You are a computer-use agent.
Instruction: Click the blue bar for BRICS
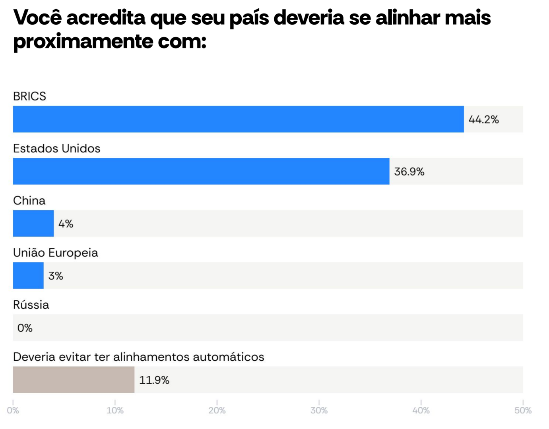(x=238, y=119)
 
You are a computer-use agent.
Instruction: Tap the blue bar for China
(x=33, y=223)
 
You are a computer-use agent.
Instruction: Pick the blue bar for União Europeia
(x=28, y=275)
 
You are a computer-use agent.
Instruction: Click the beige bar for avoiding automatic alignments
(x=74, y=380)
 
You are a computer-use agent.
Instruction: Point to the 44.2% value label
(x=483, y=120)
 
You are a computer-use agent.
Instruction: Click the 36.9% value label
(x=409, y=172)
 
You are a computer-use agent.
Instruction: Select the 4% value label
(x=66, y=224)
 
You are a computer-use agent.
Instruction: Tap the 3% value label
(x=56, y=276)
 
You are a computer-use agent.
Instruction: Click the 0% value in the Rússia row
(x=25, y=328)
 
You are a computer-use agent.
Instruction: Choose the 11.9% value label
(x=154, y=381)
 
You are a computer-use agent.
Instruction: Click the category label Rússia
(x=31, y=305)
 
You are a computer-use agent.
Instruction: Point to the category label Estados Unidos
(x=56, y=149)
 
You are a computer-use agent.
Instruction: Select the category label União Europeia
(x=55, y=253)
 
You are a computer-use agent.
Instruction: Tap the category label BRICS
(x=29, y=96)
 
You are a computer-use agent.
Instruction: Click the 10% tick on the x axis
(x=115, y=410)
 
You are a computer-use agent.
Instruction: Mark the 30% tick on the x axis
(x=319, y=410)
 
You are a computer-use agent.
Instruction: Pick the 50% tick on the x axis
(x=523, y=410)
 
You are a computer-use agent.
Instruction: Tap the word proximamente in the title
(x=83, y=41)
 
